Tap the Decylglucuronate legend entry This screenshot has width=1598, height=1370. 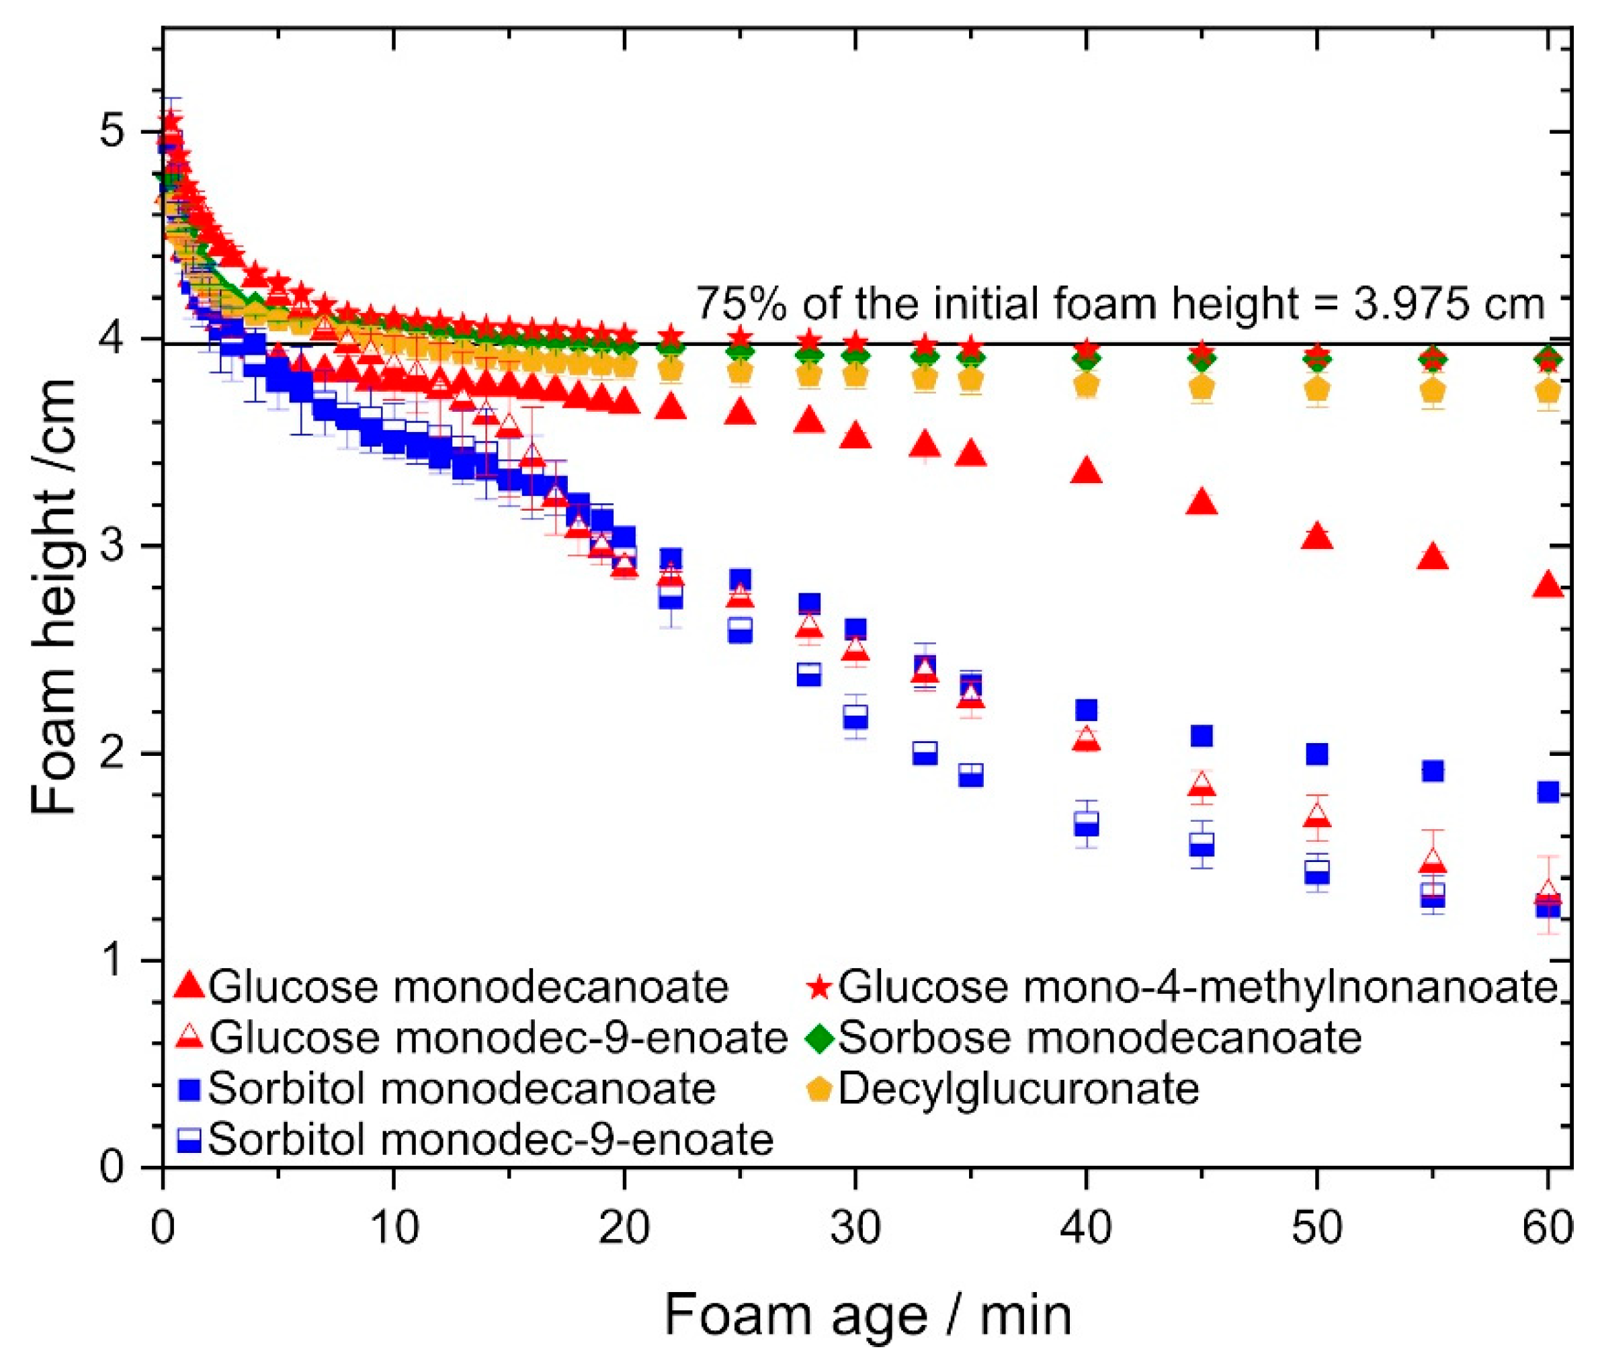coord(1018,1088)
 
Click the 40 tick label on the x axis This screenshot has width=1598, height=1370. coord(1086,1228)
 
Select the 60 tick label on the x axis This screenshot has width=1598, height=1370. coord(1547,1228)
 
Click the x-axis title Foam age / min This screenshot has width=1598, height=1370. coord(868,1316)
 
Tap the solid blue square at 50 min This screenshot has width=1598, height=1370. coord(1317,753)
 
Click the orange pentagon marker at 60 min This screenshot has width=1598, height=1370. coord(1548,392)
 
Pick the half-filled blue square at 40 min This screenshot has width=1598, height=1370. coord(1086,823)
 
